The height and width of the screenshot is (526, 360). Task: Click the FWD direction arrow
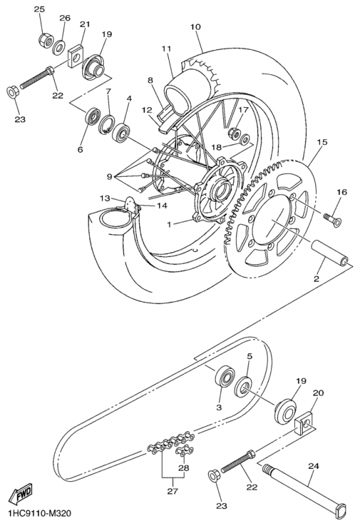point(21,494)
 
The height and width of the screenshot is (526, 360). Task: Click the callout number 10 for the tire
point(196,26)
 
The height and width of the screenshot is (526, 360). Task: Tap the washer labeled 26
point(59,47)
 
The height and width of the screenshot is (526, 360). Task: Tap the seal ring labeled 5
point(244,387)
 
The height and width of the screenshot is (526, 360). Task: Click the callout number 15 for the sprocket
point(322,142)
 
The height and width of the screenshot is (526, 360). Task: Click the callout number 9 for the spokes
point(109,176)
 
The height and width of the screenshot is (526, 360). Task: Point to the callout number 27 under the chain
point(173,491)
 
